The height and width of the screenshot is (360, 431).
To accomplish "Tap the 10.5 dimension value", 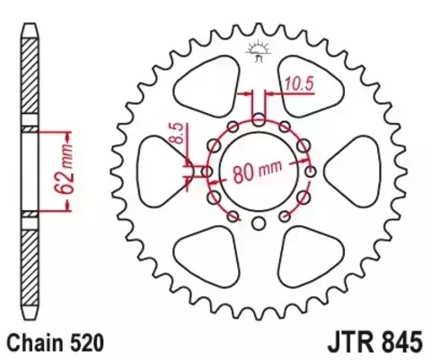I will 298,86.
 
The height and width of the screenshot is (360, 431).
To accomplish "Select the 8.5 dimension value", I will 177,140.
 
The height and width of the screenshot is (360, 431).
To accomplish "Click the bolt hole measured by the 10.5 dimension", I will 259,118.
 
